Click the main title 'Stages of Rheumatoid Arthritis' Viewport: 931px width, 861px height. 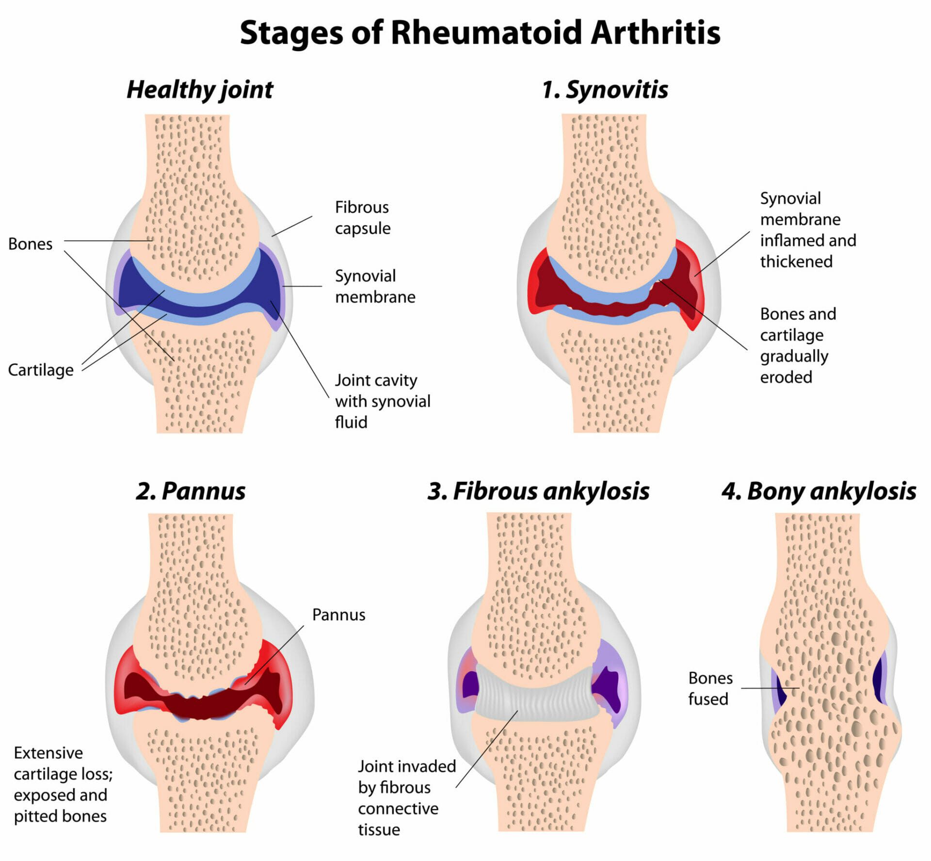[x=480, y=33]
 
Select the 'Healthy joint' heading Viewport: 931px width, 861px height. [x=200, y=90]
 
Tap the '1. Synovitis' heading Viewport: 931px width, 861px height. [x=605, y=90]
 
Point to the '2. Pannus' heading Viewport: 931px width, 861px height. [x=191, y=491]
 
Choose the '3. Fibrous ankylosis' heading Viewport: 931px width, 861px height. [x=538, y=491]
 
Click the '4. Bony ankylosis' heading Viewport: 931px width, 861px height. [x=819, y=491]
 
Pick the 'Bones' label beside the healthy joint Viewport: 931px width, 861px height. [x=30, y=244]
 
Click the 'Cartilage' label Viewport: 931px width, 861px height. [x=41, y=370]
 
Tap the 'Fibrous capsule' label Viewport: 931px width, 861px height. [x=363, y=218]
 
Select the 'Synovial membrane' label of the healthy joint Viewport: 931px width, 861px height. [x=375, y=286]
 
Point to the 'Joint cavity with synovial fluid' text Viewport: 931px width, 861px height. [x=382, y=401]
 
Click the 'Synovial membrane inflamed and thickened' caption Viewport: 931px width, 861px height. [x=808, y=230]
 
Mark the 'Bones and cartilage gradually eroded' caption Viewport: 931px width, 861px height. [x=798, y=345]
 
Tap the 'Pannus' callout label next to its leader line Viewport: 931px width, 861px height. [x=338, y=615]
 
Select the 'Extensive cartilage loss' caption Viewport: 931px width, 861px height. [x=63, y=784]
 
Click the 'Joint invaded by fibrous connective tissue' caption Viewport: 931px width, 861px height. [x=406, y=798]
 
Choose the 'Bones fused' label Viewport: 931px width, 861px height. [x=710, y=688]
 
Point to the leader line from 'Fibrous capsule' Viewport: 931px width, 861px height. [x=292, y=226]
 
